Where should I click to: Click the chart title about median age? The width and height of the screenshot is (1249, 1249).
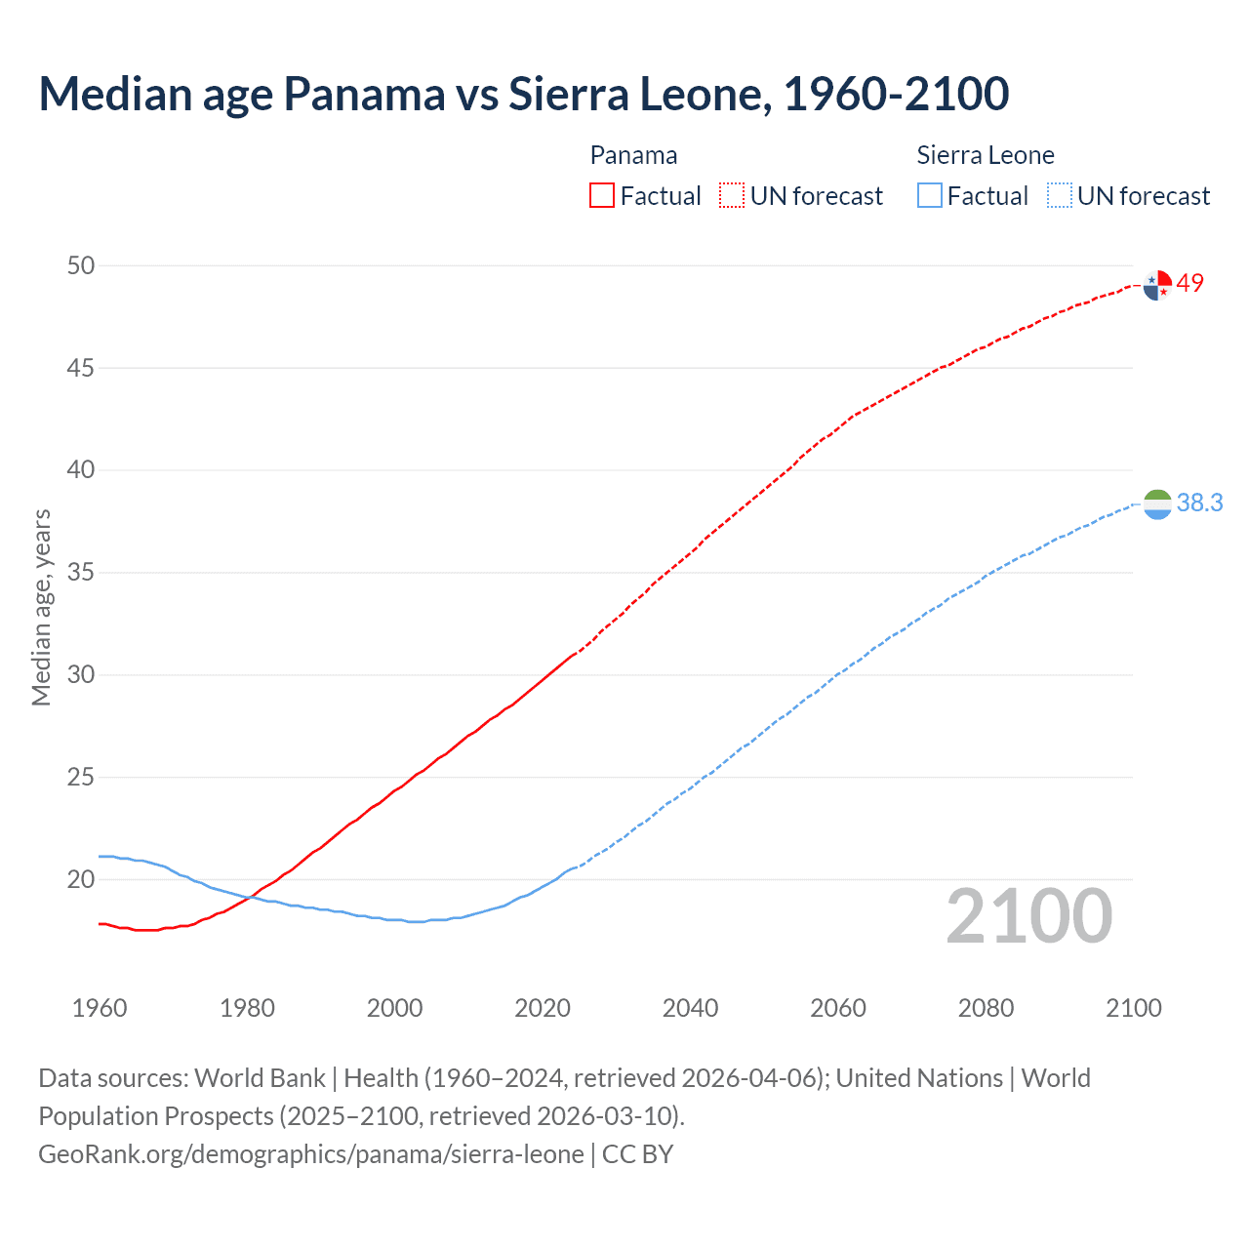coord(523,95)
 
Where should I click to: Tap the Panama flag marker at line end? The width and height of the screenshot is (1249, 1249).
coord(1157,285)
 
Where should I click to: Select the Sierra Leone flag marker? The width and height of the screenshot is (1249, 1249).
coord(1157,504)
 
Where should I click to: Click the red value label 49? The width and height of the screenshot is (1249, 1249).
coord(1190,283)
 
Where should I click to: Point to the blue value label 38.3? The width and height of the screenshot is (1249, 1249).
coord(1199,503)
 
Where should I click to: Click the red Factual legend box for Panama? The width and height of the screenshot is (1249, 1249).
coord(602,196)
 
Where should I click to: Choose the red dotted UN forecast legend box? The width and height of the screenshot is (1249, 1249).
coord(732,196)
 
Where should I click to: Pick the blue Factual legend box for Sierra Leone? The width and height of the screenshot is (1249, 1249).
coord(930,196)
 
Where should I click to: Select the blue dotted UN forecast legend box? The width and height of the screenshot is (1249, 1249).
coord(1060,196)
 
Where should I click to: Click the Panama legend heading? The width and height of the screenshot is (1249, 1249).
coord(633,155)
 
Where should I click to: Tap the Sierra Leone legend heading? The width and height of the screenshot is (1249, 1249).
coord(986,155)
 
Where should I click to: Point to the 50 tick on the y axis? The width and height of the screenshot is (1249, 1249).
coord(81,265)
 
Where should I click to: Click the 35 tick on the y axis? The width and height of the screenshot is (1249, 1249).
coord(81,573)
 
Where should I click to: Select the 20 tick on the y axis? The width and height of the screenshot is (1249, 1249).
coord(81,880)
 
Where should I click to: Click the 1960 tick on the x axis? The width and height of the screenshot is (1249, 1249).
coord(100,1008)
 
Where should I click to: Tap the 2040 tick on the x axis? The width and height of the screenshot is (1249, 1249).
coord(690,1008)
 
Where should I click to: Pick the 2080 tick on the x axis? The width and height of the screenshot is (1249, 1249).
coord(986,1008)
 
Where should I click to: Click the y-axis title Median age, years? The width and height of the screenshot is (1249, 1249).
coord(41,607)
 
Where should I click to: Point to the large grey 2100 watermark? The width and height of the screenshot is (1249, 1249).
coord(1029,916)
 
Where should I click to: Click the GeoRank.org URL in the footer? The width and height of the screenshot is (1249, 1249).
coord(311,1154)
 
